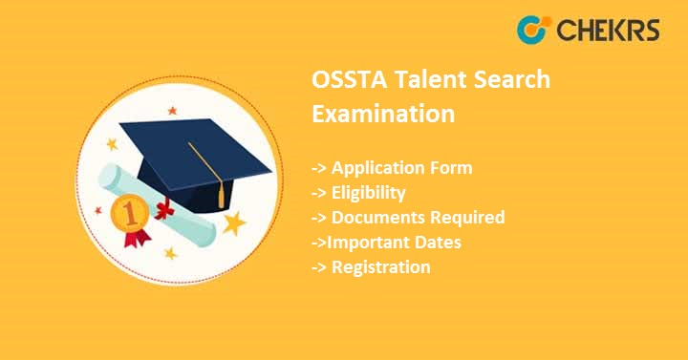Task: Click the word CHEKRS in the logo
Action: click(x=605, y=30)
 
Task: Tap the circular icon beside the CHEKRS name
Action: click(x=531, y=30)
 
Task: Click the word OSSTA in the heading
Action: click(x=348, y=80)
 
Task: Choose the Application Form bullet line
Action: click(x=392, y=168)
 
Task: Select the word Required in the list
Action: click(x=465, y=218)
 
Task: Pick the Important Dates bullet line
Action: click(x=386, y=243)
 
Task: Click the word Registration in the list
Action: click(x=380, y=267)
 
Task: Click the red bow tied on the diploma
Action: click(x=164, y=208)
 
